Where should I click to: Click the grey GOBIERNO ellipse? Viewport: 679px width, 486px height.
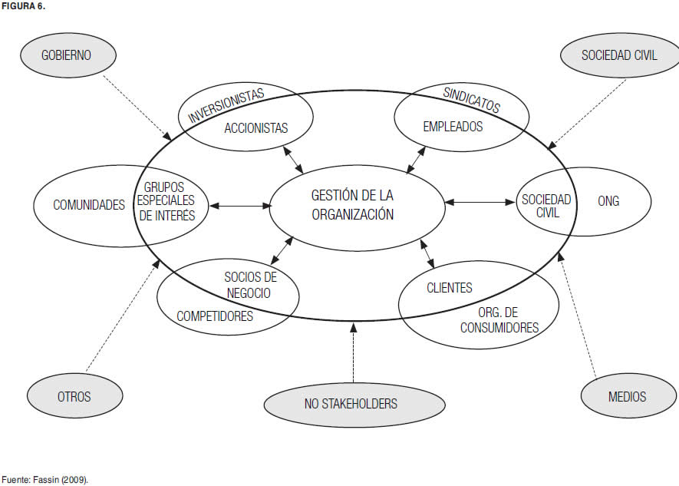point(68,55)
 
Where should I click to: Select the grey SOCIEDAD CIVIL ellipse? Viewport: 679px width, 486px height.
point(619,55)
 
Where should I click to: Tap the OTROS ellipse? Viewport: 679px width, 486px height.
point(74,396)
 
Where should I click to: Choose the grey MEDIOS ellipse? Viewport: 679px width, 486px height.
point(627,396)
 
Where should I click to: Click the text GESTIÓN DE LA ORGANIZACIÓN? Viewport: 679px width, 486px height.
point(353,205)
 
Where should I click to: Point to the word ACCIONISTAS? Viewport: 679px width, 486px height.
point(256,128)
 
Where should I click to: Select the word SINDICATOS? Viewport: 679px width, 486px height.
point(472,101)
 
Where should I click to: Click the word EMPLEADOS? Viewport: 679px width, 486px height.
point(453,127)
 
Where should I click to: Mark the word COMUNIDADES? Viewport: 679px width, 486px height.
point(89,205)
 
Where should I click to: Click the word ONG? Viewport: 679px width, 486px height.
point(608,201)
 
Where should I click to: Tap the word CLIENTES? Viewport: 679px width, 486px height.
point(449,288)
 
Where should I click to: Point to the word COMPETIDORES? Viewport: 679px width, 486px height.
point(215,316)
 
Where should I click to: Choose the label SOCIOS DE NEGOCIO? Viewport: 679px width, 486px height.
point(250,284)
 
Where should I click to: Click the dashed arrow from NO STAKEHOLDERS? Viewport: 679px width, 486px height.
point(354,353)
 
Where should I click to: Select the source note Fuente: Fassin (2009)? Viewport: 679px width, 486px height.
point(44,479)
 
